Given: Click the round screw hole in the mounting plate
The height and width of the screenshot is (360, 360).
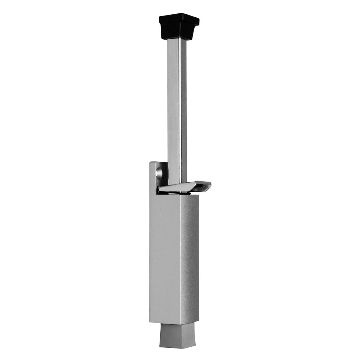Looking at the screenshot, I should (x=159, y=173).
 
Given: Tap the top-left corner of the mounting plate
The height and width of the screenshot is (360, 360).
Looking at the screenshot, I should (x=150, y=163).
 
